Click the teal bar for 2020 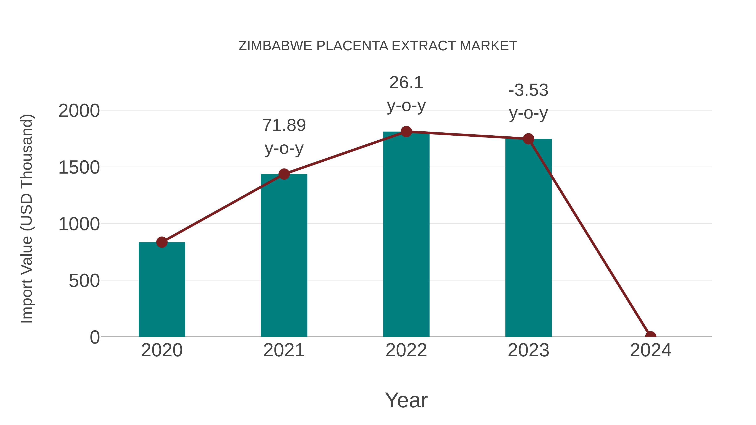tap(162, 290)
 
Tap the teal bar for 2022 tap(406, 235)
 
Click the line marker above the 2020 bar tap(162, 242)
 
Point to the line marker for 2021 tap(284, 174)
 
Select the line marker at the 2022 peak tap(406, 132)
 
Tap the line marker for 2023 tap(528, 139)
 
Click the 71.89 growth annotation tap(284, 126)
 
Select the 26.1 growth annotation tap(406, 83)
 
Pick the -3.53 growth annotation tap(528, 90)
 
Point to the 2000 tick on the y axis tap(79, 111)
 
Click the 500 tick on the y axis tap(84, 281)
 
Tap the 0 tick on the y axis tap(95, 337)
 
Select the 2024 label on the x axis tap(651, 350)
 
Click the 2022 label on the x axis tap(406, 350)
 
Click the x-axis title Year tap(406, 400)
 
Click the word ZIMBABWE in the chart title tap(275, 46)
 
